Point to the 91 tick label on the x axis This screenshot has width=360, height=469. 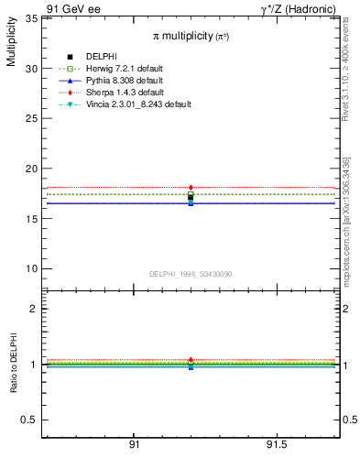[134, 445]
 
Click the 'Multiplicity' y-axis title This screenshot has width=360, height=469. [11, 45]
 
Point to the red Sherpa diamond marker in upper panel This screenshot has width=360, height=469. [191, 188]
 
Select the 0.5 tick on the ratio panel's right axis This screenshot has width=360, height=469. [348, 420]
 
